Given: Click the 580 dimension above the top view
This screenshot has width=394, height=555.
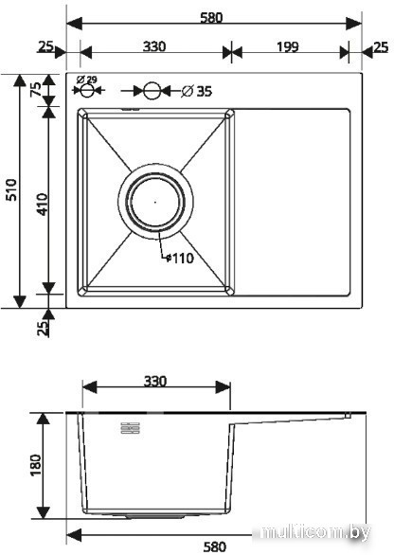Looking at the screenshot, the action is (x=211, y=17).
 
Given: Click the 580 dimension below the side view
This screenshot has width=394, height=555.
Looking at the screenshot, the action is (x=215, y=546).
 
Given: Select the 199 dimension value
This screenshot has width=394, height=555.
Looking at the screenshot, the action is (x=287, y=46).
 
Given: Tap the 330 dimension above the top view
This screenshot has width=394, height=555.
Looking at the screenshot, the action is (x=154, y=46).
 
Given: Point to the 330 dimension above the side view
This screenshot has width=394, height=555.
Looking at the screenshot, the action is (x=155, y=382).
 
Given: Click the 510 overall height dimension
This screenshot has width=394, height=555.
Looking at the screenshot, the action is (x=11, y=190).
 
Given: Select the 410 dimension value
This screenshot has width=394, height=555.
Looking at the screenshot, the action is (x=43, y=205).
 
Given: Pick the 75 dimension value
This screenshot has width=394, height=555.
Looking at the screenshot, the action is (x=36, y=89).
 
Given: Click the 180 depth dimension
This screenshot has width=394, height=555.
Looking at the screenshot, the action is (x=36, y=465).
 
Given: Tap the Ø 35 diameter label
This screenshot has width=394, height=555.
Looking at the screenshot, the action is (x=197, y=91).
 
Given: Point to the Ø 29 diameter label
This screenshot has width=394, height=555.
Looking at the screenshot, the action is (x=86, y=80).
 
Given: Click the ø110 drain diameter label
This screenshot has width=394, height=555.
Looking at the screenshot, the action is (x=180, y=259).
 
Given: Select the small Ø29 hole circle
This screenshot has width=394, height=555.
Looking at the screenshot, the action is (x=86, y=91).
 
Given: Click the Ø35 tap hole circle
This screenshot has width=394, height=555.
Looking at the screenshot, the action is (x=152, y=91).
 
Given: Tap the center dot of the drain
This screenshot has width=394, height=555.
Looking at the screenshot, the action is (x=155, y=202).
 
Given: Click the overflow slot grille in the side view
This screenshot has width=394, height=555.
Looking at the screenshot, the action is (x=131, y=428).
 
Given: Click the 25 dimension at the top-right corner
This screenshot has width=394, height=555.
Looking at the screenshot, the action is (x=381, y=46).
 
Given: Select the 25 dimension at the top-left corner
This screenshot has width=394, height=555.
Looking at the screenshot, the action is (x=45, y=46).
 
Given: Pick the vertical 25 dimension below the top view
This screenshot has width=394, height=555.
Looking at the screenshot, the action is (x=43, y=328).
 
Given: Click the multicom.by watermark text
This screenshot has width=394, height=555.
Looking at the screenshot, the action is (x=315, y=532).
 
